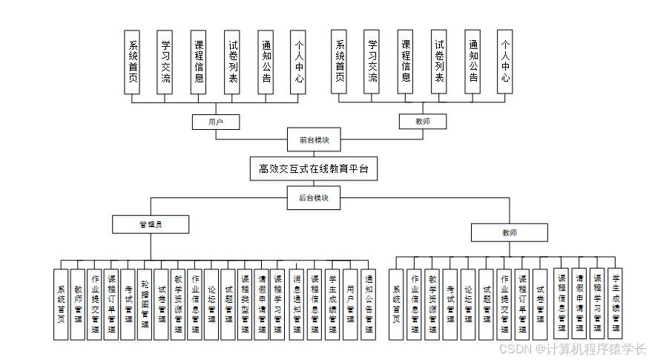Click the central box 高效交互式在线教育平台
click(x=313, y=168)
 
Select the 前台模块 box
click(x=314, y=140)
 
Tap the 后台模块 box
click(x=314, y=197)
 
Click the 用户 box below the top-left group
click(x=216, y=121)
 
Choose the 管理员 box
click(x=151, y=223)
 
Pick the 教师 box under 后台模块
click(x=509, y=232)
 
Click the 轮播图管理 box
click(x=145, y=304)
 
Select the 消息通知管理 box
click(x=297, y=304)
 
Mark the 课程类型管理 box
click(x=246, y=304)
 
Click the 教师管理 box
click(x=78, y=304)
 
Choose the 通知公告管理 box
click(x=369, y=304)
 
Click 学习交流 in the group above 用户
click(x=165, y=62)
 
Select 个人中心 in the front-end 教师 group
click(x=505, y=62)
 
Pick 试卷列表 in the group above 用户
click(x=233, y=62)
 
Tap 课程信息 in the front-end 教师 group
click(x=405, y=62)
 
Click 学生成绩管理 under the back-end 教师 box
click(x=614, y=302)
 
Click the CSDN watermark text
click(x=572, y=349)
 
